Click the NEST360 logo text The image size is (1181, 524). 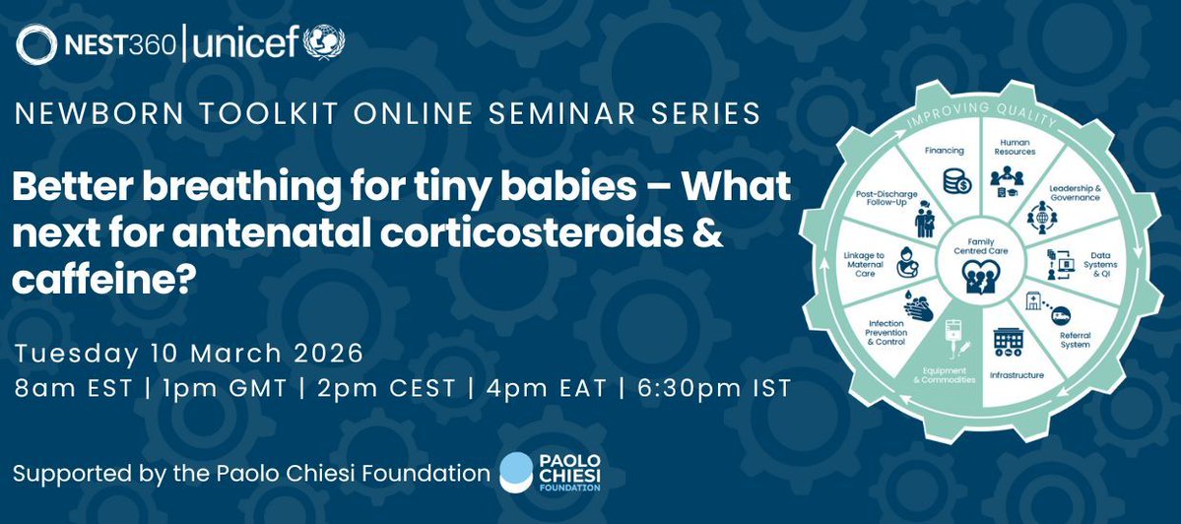point(119,44)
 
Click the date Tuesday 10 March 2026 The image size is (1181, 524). point(189,352)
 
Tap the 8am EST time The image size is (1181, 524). point(73,388)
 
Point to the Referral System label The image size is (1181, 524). point(1074,340)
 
